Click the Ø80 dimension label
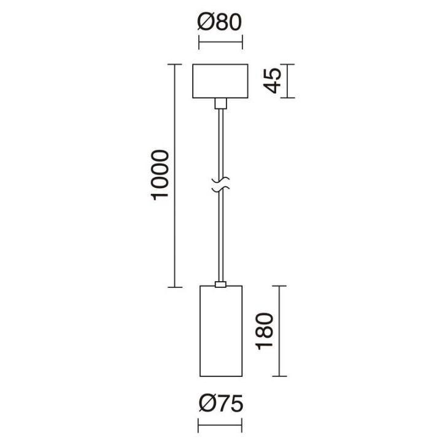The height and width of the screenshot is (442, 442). [x=220, y=22]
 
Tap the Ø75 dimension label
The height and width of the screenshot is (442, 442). [x=220, y=403]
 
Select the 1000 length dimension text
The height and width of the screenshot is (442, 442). [x=160, y=175]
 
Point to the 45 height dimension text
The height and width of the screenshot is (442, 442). [x=273, y=80]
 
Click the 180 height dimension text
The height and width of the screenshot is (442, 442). [x=264, y=331]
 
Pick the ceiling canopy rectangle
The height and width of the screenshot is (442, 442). [x=220, y=81]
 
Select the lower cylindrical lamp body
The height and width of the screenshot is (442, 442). [x=221, y=331]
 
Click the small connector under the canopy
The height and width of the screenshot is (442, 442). [x=221, y=104]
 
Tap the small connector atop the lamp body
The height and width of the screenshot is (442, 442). [x=220, y=284]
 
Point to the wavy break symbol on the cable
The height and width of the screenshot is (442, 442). [x=221, y=185]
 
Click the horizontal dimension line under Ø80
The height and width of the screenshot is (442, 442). [x=221, y=42]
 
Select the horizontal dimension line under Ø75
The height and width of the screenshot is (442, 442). [x=220, y=425]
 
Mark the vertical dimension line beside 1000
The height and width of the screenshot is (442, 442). [x=175, y=176]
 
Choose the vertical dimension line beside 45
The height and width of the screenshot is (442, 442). [x=287, y=81]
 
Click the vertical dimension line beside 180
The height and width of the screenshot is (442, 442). [x=279, y=331]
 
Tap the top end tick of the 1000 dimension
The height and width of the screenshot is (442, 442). [x=175, y=64]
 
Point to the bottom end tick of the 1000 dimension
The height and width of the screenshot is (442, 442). [x=175, y=287]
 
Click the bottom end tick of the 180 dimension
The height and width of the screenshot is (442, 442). [x=279, y=376]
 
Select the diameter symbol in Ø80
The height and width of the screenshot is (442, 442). [x=204, y=22]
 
